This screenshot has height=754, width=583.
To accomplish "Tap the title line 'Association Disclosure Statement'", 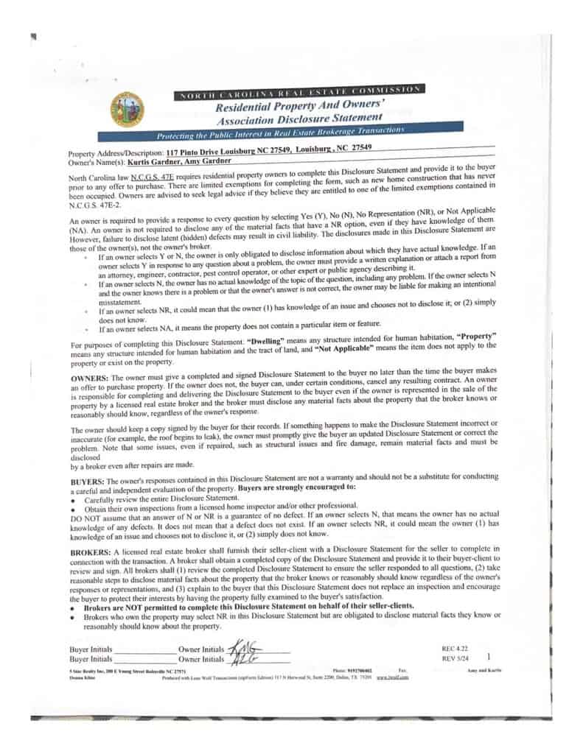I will [x=299, y=118].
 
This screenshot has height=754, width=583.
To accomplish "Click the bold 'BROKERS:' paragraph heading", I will [x=92, y=551].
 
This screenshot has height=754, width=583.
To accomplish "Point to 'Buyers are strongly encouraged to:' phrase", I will [x=295, y=488].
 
